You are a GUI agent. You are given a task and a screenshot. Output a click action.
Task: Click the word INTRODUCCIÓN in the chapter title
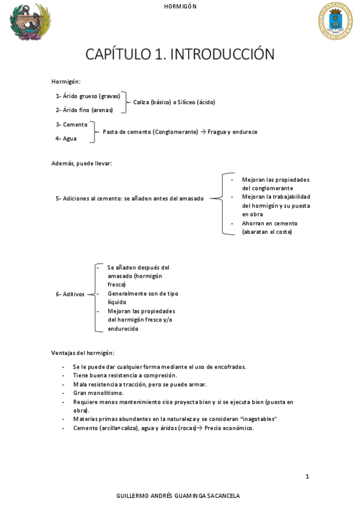pos(222,55)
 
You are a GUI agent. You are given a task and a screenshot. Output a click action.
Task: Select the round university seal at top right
pos(335,22)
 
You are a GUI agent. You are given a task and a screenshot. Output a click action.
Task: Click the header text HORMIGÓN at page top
pos(180,6)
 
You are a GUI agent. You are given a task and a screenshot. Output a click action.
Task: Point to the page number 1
pos(307,476)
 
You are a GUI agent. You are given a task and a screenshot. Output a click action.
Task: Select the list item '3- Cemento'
pos(71,124)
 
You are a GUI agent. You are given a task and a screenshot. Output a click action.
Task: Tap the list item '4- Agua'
pos(66,138)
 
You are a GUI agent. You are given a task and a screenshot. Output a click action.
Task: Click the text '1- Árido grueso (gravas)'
pos(88,96)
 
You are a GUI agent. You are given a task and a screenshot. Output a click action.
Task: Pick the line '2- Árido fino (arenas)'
pos(84,110)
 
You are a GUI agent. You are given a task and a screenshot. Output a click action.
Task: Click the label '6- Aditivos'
pos(70,294)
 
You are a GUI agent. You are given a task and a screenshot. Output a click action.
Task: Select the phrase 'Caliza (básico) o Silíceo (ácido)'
pos(174,102)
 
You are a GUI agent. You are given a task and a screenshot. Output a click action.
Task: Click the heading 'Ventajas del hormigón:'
pos(82,352)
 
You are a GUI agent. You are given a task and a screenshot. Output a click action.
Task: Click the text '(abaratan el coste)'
pos(267,232)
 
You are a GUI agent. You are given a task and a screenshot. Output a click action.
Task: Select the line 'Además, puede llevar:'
pos(81,163)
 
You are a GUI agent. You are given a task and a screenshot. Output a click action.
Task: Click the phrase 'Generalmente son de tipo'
pos(142,293)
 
